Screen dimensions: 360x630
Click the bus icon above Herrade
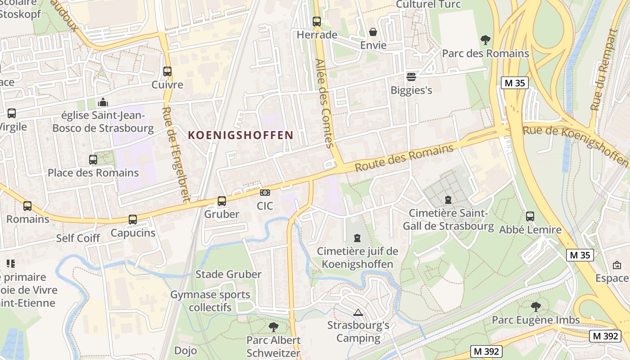[x=317, y=21]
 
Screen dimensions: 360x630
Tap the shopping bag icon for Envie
[x=373, y=32]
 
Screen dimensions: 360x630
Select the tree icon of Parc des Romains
[x=485, y=40]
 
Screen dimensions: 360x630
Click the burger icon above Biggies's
[x=411, y=76]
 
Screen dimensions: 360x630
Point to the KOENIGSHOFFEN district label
[x=240, y=135]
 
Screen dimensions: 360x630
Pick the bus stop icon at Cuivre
[x=167, y=71]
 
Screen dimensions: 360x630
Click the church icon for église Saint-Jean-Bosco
[x=103, y=102]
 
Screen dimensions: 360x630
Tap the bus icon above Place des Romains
[x=93, y=159]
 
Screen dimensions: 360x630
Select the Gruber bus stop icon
[x=222, y=201]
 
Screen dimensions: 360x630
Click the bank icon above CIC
[x=265, y=193]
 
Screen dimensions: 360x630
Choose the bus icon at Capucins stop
[x=133, y=220]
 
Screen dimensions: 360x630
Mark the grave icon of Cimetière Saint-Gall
[x=448, y=199]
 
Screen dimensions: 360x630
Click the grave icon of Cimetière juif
[x=357, y=237]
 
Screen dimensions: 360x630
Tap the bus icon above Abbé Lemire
[x=530, y=216]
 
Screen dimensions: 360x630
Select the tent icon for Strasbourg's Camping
[x=358, y=312]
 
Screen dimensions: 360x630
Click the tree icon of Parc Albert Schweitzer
[x=273, y=327]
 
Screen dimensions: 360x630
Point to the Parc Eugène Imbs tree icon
[x=535, y=307]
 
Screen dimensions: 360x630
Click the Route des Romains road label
[x=404, y=158]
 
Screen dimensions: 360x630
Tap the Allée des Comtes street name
[x=324, y=103]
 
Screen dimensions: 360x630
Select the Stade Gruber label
[x=228, y=274]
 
